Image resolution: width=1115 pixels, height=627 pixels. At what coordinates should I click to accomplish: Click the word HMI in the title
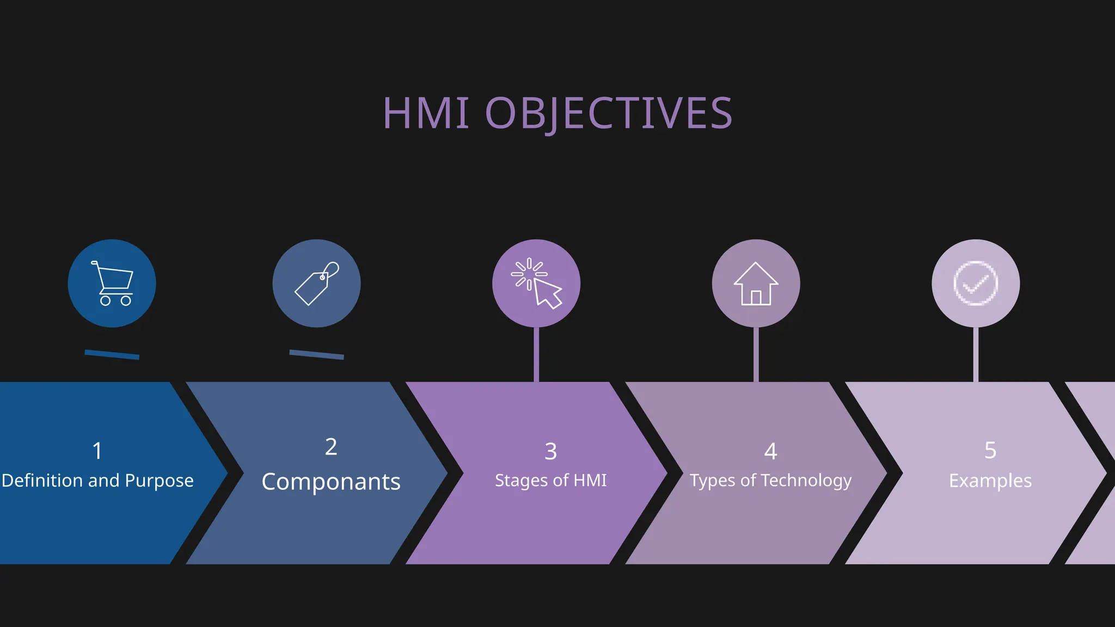pos(426,113)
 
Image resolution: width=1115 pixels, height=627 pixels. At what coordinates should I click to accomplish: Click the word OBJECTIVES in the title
pos(609,113)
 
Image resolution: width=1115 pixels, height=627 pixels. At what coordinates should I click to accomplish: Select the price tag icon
pos(316,284)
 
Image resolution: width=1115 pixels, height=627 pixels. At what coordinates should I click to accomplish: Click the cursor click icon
pos(536,284)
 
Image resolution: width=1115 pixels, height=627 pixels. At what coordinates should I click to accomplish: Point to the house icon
pos(756,284)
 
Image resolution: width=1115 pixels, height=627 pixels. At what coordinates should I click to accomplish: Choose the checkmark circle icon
pos(976,284)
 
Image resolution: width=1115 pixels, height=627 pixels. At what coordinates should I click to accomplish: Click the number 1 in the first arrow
pos(97,451)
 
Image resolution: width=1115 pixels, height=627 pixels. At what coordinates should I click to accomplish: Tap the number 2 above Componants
pos(331,447)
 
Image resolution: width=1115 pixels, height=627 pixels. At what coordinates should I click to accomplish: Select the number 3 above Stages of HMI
pos(550,451)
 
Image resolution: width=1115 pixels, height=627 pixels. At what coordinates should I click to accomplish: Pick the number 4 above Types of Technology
pos(770,451)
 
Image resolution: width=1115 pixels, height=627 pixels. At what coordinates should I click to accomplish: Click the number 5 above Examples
pos(990,451)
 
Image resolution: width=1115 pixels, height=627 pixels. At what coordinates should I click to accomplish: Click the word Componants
pos(331,482)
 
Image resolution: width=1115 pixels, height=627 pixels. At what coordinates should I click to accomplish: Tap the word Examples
pos(990,481)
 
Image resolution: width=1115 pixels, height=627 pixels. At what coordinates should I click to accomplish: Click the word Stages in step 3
pos(520,481)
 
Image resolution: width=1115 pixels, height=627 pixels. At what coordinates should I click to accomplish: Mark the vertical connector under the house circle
pos(756,354)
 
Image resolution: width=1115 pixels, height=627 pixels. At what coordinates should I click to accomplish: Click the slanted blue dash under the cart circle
pos(112,355)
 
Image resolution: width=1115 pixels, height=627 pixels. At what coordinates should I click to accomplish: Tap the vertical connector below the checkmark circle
pos(976,354)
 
